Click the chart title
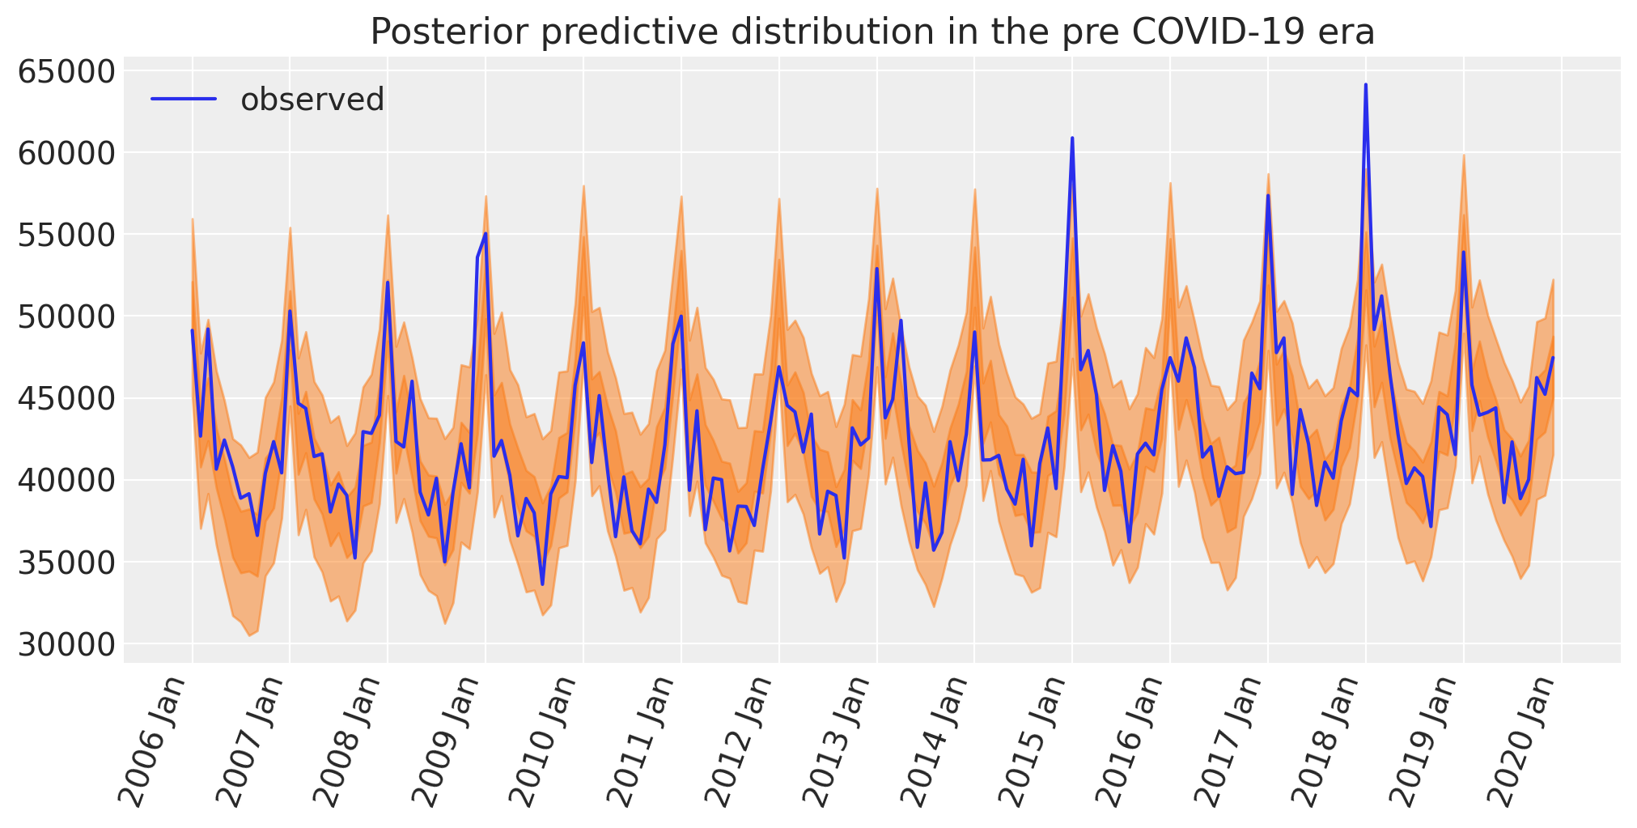click(x=872, y=32)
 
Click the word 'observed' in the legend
click(x=312, y=100)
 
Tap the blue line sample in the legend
click(x=184, y=100)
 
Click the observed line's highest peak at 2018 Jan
click(x=1365, y=85)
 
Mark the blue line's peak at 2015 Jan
click(x=1072, y=138)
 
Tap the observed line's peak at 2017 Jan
click(x=1267, y=196)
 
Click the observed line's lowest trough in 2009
click(x=542, y=584)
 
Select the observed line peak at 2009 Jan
click(x=486, y=234)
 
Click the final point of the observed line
click(x=1553, y=358)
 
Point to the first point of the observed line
click(x=192, y=330)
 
